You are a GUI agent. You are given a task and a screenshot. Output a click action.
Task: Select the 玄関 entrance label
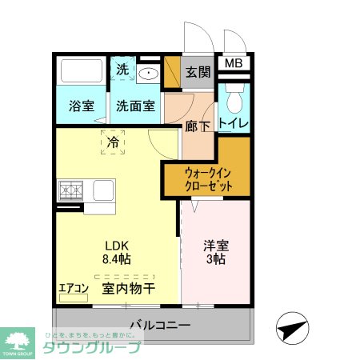198,72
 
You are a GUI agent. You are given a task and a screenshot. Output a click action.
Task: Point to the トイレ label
234,122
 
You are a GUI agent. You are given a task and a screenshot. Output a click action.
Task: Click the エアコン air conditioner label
74,289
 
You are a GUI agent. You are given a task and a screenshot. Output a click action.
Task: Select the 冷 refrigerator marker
113,141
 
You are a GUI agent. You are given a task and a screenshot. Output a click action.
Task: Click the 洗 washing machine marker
122,70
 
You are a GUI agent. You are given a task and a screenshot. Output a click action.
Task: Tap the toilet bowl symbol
234,101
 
